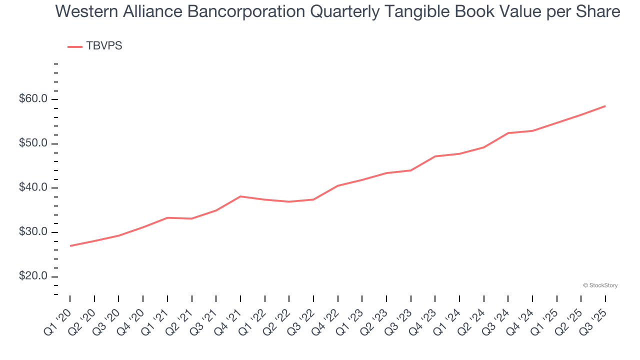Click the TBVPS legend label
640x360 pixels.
point(104,46)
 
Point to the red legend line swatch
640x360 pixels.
point(74,46)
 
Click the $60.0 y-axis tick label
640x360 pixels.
point(33,99)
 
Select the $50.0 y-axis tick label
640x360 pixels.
point(33,143)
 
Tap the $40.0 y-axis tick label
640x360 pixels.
point(33,188)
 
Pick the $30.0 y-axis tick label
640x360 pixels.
point(33,232)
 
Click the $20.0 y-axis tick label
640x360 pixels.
point(33,276)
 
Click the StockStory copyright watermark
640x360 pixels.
point(600,285)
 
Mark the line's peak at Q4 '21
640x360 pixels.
point(240,196)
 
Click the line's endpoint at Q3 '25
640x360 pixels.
point(605,106)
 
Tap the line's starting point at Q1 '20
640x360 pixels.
point(70,246)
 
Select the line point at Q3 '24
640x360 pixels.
point(508,133)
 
